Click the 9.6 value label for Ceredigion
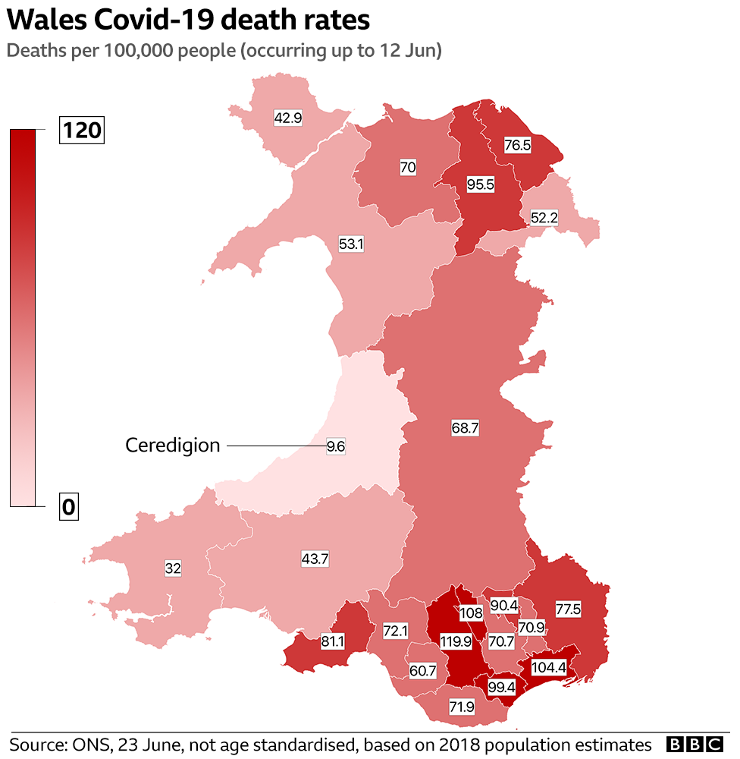pyautogui.click(x=335, y=446)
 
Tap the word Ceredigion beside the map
pyautogui.click(x=172, y=446)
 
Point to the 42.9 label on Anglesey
pyautogui.click(x=287, y=118)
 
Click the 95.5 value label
pyautogui.click(x=478, y=184)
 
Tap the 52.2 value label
pyautogui.click(x=543, y=218)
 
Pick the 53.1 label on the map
pyautogui.click(x=350, y=244)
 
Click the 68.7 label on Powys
pyautogui.click(x=465, y=428)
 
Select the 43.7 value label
pyautogui.click(x=315, y=559)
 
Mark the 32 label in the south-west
pyautogui.click(x=172, y=568)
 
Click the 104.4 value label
pyautogui.click(x=547, y=668)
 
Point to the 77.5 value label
pyautogui.click(x=568, y=609)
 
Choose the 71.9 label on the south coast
pyautogui.click(x=461, y=707)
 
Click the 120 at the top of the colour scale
pyautogui.click(x=81, y=131)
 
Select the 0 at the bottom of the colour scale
pyautogui.click(x=68, y=507)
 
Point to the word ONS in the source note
pyautogui.click(x=88, y=743)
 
